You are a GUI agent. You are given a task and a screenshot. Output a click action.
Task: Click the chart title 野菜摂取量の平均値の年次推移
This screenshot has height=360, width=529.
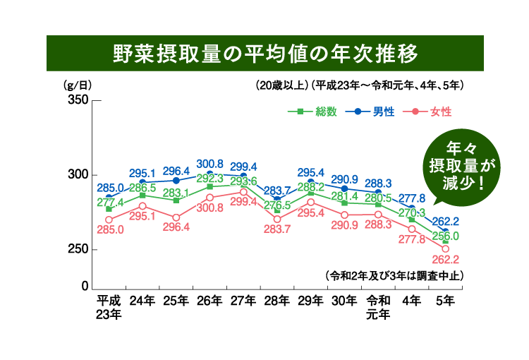point(264,54)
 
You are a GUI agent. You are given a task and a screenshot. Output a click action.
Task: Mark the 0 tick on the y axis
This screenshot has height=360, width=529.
point(84,287)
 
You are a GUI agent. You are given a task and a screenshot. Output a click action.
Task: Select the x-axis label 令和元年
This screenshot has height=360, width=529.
point(379,308)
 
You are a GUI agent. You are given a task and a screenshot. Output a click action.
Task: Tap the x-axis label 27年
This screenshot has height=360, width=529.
point(243,301)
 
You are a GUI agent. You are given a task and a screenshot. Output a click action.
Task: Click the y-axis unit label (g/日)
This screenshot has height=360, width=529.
point(78,85)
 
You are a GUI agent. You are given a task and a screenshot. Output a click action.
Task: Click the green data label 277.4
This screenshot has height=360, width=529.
point(109,202)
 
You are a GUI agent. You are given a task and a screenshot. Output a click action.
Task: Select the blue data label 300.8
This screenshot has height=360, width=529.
point(209,163)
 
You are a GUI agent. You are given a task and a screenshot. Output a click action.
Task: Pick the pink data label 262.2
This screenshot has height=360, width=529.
point(446,259)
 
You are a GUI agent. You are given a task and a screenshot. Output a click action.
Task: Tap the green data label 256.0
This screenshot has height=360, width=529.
point(446,235)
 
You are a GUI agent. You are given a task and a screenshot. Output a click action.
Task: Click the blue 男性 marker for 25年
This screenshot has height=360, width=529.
point(176,181)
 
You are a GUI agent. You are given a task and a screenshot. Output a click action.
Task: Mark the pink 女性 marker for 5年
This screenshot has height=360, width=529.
point(446,248)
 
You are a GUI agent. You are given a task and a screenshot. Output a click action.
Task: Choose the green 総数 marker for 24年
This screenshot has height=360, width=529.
point(142,196)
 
